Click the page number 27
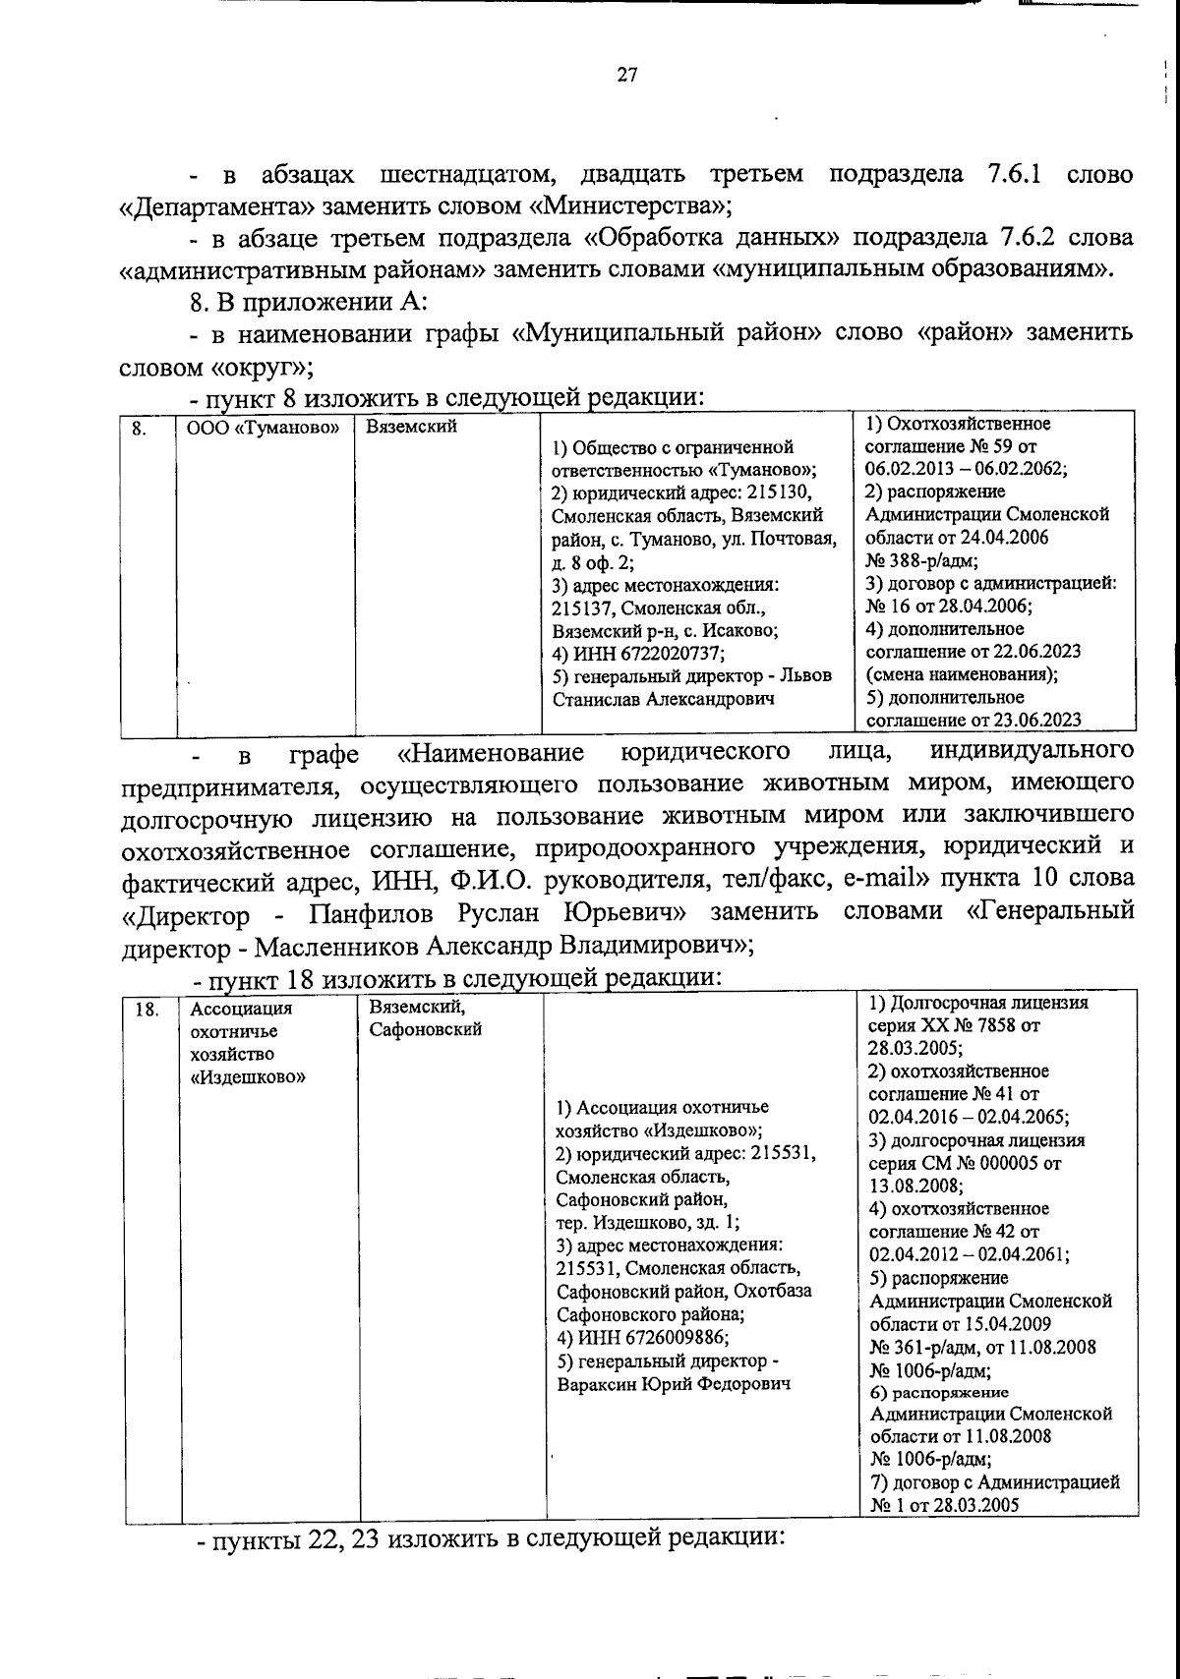[627, 75]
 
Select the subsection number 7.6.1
[1014, 175]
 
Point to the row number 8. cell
[140, 428]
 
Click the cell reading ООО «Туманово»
[263, 428]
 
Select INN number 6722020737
[672, 653]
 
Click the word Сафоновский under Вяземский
[425, 1030]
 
